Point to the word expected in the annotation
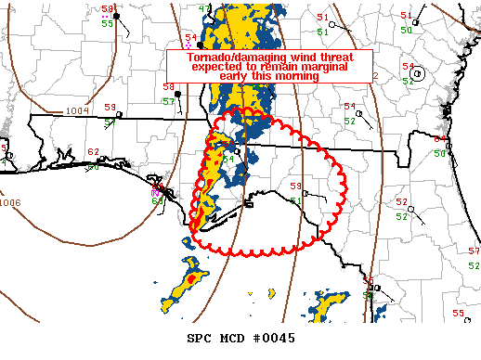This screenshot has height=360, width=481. click(215, 67)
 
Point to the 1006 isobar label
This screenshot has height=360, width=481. click(10, 202)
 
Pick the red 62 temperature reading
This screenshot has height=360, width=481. click(92, 152)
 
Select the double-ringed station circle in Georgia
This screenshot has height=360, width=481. click(419, 74)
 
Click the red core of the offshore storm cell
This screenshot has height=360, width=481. click(191, 277)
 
